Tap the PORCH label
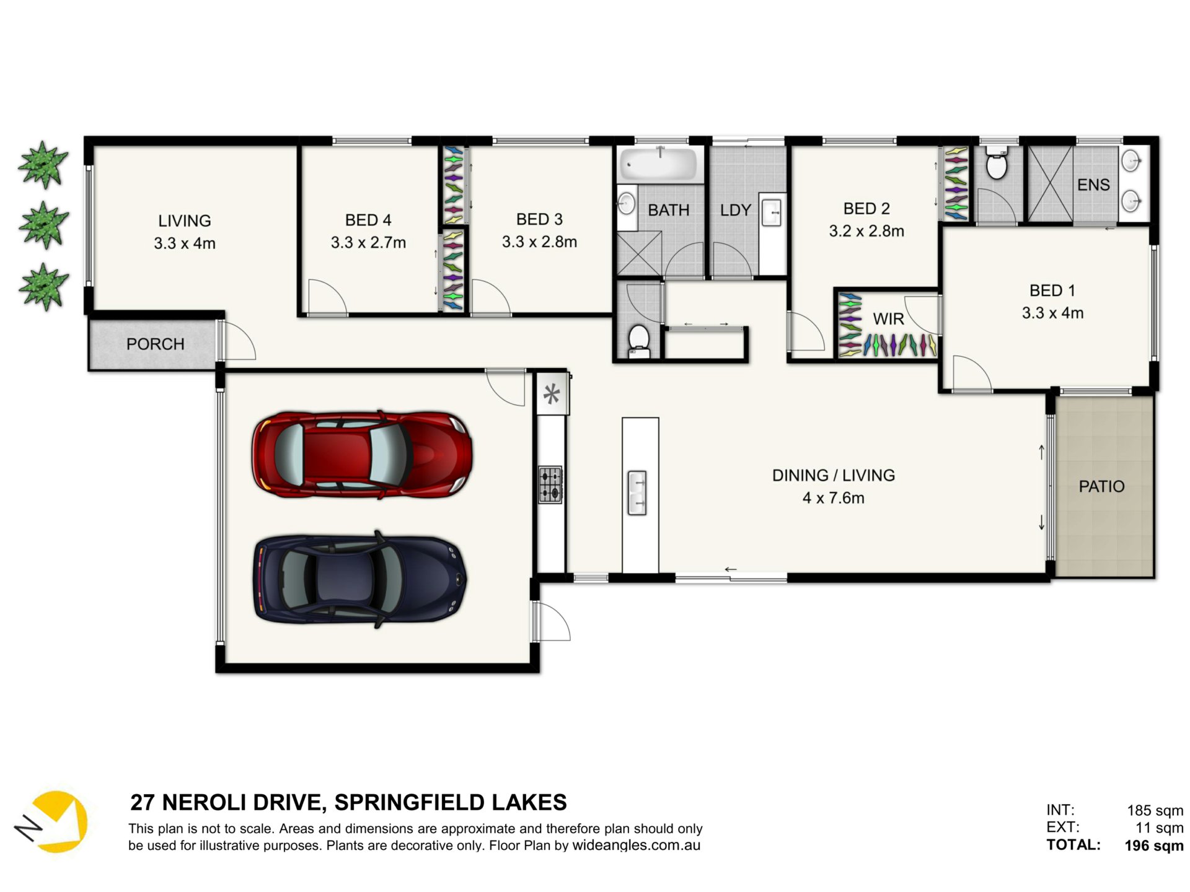[x=155, y=344]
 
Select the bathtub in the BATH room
[x=661, y=164]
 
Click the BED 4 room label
[x=368, y=220]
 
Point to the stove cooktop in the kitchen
[x=550, y=484]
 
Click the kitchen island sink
[x=637, y=493]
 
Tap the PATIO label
[x=1101, y=486]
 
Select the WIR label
[x=888, y=319]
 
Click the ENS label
[x=1093, y=185]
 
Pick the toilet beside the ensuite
[x=996, y=163]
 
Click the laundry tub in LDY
[x=772, y=212]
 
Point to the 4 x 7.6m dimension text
[x=833, y=498]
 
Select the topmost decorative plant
[x=43, y=164]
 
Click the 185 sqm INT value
[x=1155, y=810]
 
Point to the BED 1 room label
[x=1052, y=290]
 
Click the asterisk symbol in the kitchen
[x=552, y=394]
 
